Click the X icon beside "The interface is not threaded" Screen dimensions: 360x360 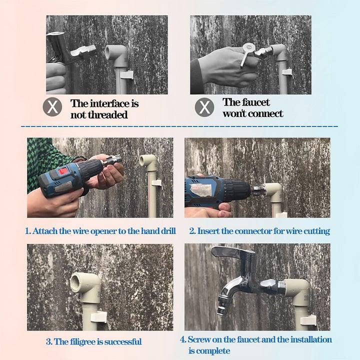[x=52, y=107]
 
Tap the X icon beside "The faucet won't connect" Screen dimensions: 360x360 [x=204, y=107]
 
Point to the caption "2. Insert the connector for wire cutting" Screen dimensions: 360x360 [x=259, y=231]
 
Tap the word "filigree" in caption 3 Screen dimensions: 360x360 [x=84, y=342]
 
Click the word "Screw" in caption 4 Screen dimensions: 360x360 [x=199, y=339]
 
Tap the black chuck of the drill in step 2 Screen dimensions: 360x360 [x=239, y=190]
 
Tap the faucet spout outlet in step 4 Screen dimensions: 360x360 [x=220, y=310]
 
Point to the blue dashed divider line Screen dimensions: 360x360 [x=180, y=126]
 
